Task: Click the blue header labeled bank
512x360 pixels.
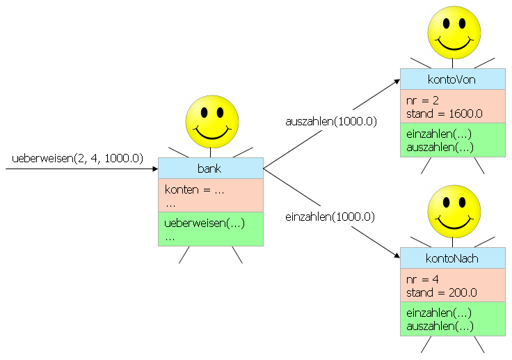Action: (x=210, y=169)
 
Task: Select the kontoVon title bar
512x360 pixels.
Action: (x=452, y=79)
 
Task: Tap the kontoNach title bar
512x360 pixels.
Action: (x=452, y=258)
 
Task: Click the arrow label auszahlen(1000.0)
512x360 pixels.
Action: (x=331, y=121)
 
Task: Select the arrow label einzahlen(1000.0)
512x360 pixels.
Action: (x=330, y=217)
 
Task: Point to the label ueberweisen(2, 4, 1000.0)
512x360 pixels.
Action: (x=77, y=158)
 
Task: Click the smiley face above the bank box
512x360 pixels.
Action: (x=212, y=122)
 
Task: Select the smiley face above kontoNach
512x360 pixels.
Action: (x=454, y=212)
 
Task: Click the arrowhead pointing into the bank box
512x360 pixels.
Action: (x=154, y=169)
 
